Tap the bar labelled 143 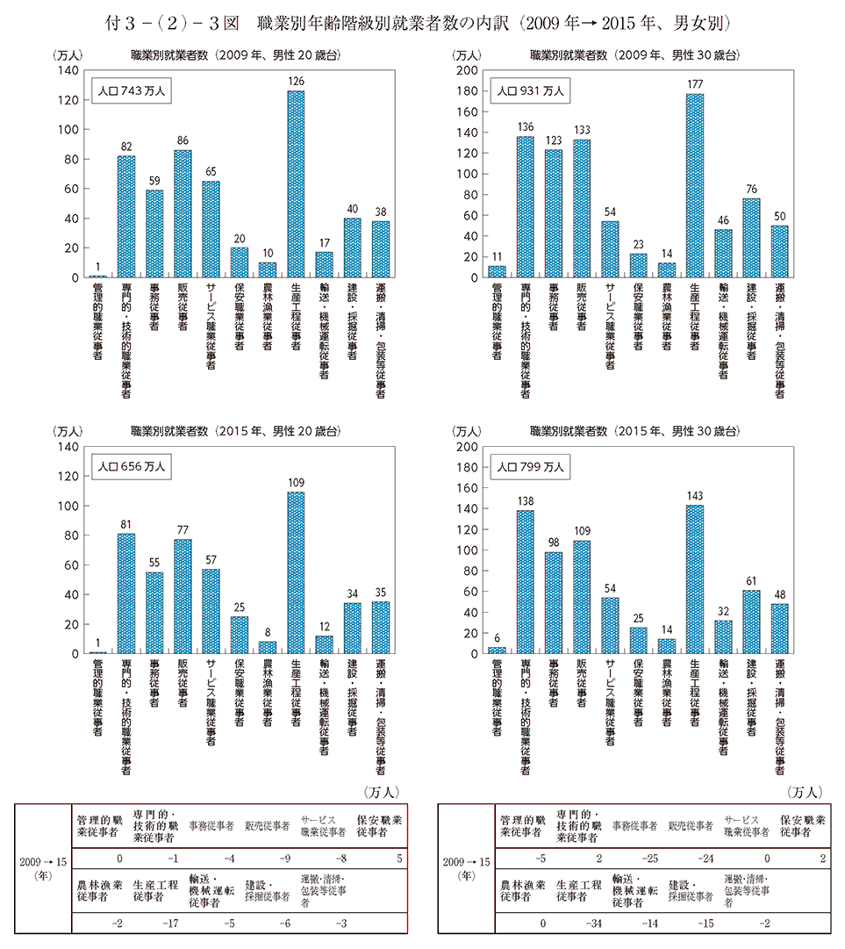[x=695, y=579]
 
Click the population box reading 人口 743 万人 [x=129, y=90]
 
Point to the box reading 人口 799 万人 [x=529, y=466]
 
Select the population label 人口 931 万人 [x=529, y=90]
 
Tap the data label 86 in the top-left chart [x=183, y=140]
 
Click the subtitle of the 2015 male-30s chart [x=634, y=431]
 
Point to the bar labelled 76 [x=752, y=238]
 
